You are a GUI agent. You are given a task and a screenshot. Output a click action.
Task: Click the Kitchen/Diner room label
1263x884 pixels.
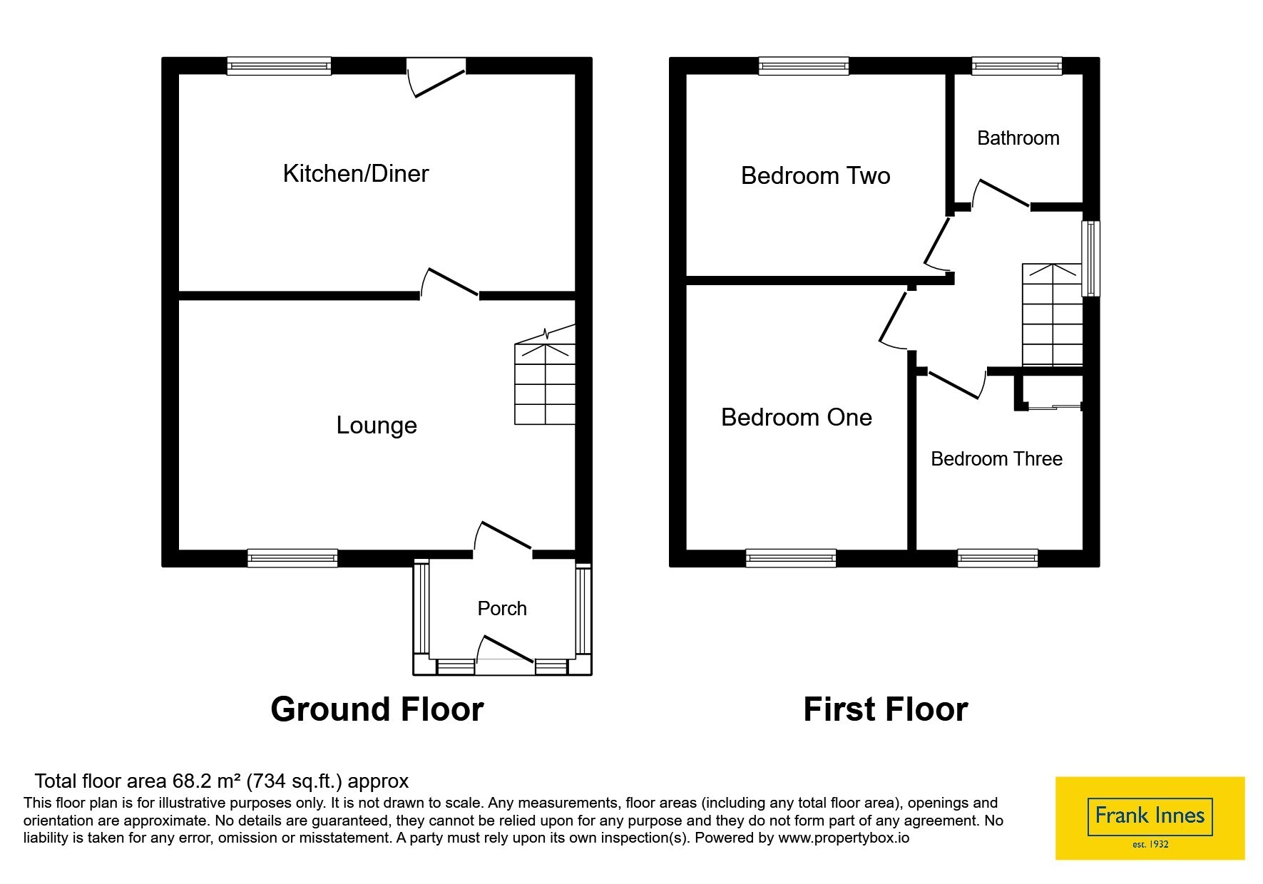tap(356, 173)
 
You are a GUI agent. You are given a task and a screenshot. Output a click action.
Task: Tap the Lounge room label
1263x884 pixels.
tap(377, 425)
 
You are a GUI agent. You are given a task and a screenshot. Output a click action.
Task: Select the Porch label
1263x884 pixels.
tap(502, 608)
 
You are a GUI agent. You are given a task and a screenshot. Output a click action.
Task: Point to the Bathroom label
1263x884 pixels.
tap(1018, 138)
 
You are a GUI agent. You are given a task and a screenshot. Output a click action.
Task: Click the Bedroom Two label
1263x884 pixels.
tap(816, 175)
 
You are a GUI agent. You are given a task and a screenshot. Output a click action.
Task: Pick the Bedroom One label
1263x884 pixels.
tap(797, 417)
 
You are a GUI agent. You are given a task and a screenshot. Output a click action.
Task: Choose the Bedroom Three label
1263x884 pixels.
tap(997, 458)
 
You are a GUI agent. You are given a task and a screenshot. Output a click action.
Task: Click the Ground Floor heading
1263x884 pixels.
tap(377, 709)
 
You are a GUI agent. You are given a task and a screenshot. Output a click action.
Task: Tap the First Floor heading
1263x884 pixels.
tap(886, 709)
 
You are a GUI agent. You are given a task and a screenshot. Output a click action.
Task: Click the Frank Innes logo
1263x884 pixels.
tap(1150, 818)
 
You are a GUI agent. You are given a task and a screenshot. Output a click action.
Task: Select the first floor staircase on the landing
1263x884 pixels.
tap(1053, 314)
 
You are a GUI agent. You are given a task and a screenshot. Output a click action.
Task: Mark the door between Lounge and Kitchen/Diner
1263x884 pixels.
tap(449, 284)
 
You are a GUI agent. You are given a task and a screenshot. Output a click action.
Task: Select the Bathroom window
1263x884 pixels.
tap(1017, 66)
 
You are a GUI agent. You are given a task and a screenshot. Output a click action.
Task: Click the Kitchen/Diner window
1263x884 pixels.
tap(279, 66)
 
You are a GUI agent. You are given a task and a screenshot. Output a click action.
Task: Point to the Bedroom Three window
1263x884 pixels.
tap(997, 558)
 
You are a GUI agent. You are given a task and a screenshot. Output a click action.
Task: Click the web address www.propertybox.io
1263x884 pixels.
tap(844, 838)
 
